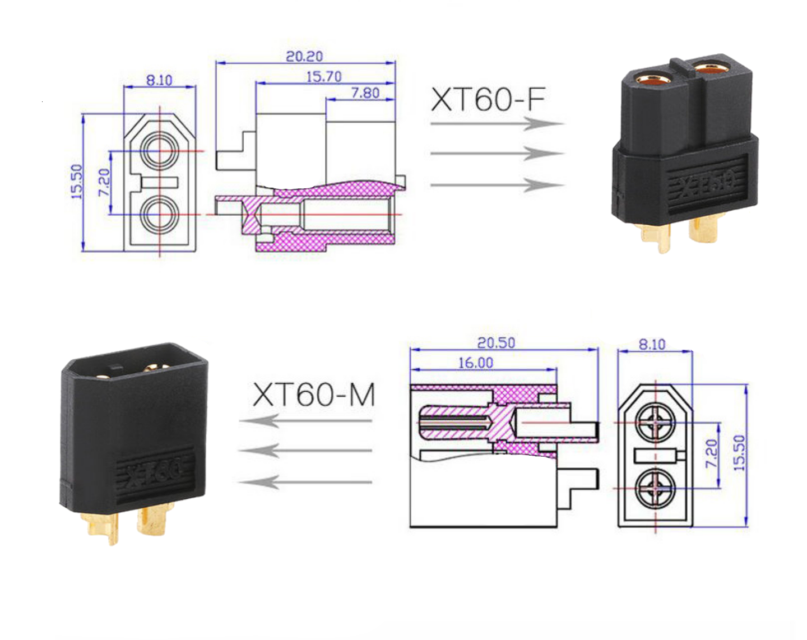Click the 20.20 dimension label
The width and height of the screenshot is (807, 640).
coord(304,57)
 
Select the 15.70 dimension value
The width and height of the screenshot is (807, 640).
coord(324,77)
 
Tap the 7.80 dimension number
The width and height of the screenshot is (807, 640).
coord(365,93)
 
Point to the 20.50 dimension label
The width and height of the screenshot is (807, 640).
coord(496,343)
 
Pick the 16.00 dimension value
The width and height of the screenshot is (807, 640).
coord(476,363)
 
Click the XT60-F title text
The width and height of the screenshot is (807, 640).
coord(488,99)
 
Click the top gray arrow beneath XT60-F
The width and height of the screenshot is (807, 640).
coord(497,123)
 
